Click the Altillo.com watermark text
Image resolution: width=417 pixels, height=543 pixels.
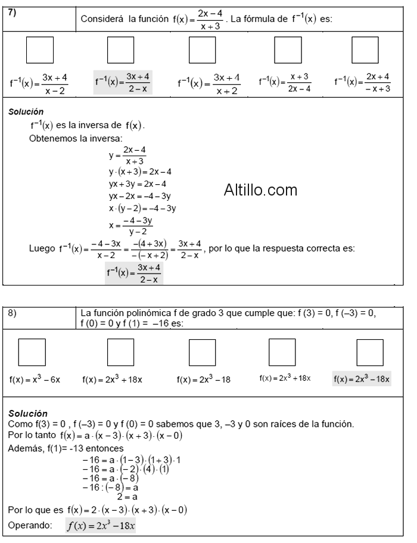click(x=260, y=190)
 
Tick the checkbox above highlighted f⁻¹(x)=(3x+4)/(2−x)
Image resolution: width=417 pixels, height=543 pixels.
click(x=120, y=50)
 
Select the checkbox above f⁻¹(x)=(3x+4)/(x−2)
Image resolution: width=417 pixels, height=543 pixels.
click(x=38, y=50)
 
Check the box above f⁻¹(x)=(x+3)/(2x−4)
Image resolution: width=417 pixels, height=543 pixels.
click(x=287, y=50)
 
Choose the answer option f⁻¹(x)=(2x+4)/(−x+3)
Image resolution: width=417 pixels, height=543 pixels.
click(x=362, y=83)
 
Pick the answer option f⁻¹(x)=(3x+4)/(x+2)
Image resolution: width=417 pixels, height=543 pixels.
click(x=208, y=83)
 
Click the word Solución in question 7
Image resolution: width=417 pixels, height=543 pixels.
click(x=26, y=111)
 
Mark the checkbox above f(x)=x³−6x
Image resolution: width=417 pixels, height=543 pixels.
click(x=32, y=352)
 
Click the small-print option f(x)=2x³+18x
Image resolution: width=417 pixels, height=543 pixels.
click(x=285, y=378)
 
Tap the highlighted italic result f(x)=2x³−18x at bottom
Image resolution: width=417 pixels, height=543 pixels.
click(x=101, y=526)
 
